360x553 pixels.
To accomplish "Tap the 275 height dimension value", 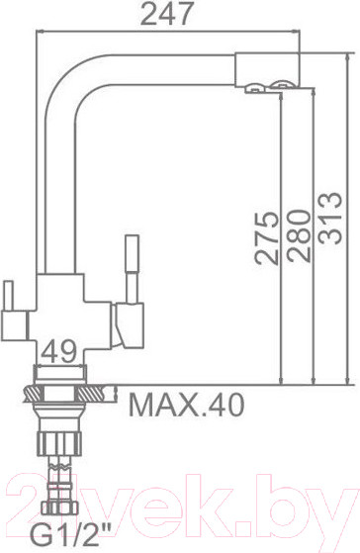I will [x=265, y=237].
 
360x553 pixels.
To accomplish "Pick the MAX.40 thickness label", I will [x=187, y=404].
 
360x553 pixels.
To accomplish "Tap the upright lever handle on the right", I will [x=131, y=267].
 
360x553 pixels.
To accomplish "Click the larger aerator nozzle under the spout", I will [x=285, y=90].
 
